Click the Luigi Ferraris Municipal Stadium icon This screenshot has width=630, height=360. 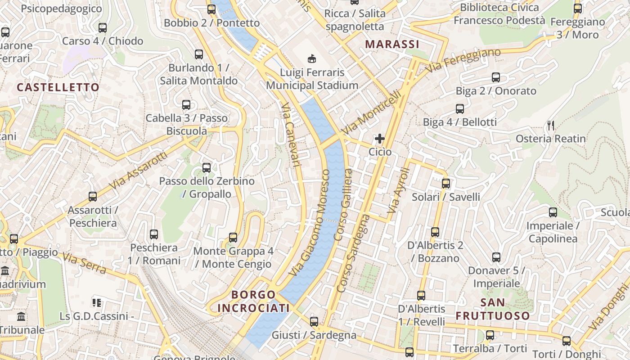tap(311, 58)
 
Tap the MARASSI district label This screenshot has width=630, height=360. tap(392, 44)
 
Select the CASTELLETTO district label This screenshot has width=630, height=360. tap(58, 87)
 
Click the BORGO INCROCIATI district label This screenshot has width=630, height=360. tap(253, 301)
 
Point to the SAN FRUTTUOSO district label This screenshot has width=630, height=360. tap(493, 309)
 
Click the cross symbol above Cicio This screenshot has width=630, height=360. tap(380, 139)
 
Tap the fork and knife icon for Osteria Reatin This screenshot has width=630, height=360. tap(550, 125)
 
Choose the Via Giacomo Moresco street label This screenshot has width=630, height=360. tap(310, 223)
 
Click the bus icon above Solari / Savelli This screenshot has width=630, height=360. tap(446, 184)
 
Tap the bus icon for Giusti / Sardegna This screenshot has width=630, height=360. tap(314, 322)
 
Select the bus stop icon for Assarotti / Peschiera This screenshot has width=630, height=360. tap(93, 197)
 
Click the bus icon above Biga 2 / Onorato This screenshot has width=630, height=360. tap(496, 77)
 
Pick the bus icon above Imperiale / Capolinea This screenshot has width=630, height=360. tap(553, 212)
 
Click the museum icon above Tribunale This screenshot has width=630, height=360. tap(21, 316)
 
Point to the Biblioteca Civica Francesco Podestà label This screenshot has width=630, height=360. tap(499, 14)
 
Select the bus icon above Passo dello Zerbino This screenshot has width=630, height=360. tap(207, 168)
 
